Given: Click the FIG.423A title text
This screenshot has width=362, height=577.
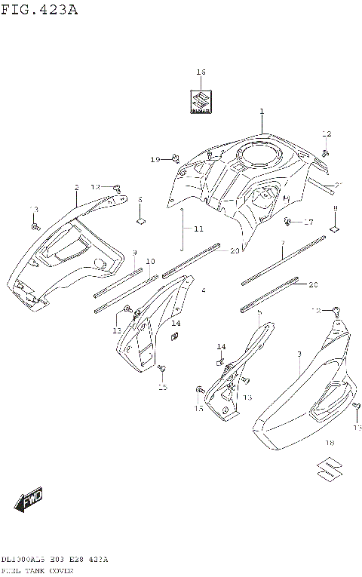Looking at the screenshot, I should pyautogui.click(x=39, y=10).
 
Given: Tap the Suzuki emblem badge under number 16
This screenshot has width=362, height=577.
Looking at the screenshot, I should pyautogui.click(x=201, y=100).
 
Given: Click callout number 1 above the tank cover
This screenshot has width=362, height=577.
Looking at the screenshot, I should pyautogui.click(x=262, y=112).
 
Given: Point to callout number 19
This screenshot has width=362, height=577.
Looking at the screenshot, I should pyautogui.click(x=155, y=159).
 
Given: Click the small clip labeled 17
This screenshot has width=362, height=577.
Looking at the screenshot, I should pyautogui.click(x=289, y=222).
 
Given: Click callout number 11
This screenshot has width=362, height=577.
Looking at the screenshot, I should pyautogui.click(x=198, y=229).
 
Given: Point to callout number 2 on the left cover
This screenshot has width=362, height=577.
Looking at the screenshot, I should pyautogui.click(x=76, y=186).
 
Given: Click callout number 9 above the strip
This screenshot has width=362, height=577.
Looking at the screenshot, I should pyautogui.click(x=134, y=253).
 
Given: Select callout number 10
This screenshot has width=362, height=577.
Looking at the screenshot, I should pyautogui.click(x=150, y=261).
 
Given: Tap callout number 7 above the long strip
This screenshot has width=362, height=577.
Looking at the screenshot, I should pyautogui.click(x=282, y=244).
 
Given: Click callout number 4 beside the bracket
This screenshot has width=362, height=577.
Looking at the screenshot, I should pyautogui.click(x=203, y=290).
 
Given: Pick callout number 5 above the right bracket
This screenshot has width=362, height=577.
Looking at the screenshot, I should pyautogui.click(x=259, y=312).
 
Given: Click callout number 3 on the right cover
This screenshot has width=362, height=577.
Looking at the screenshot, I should pyautogui.click(x=299, y=354).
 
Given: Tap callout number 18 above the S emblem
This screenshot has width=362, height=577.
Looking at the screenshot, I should pyautogui.click(x=329, y=443).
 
